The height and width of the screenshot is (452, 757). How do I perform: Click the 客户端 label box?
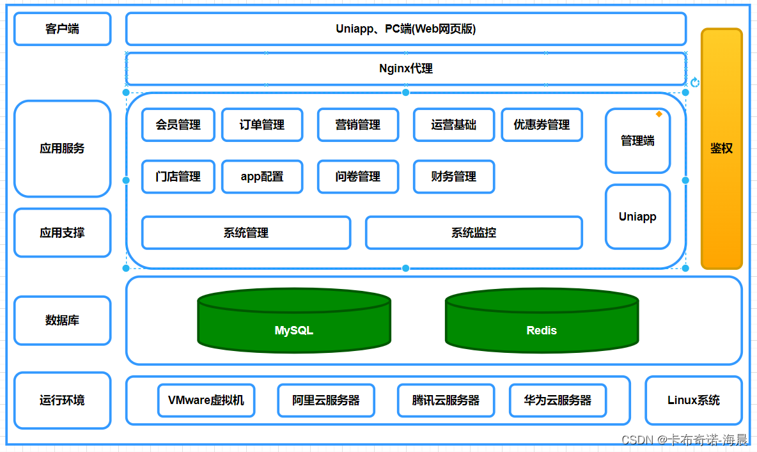62,29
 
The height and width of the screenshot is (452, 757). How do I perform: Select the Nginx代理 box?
405,68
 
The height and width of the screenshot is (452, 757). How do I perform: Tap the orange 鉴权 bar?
721,148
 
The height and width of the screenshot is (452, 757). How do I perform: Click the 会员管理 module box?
178,125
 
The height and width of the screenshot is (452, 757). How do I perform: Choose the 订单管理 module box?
261,125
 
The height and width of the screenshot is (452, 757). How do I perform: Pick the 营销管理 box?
357,125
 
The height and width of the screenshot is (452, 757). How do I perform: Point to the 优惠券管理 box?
541,125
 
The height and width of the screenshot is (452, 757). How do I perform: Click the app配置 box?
261,176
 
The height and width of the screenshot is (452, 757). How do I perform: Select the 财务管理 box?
453,176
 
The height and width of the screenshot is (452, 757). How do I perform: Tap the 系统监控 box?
473,233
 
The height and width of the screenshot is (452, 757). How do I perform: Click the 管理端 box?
637,141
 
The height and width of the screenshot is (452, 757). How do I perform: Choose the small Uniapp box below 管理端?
637,217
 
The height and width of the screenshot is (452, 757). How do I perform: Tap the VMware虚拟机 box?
206,400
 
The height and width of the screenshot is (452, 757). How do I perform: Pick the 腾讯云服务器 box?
446,400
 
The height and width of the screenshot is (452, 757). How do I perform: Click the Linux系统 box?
693,400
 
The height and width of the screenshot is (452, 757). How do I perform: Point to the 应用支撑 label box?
62,233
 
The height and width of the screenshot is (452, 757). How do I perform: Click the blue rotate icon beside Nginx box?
695,82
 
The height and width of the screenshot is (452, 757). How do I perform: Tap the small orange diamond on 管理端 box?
659,114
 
